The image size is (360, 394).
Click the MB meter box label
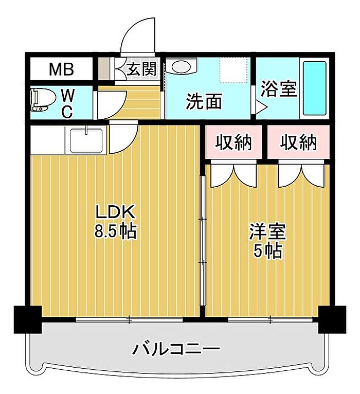pos(62,69)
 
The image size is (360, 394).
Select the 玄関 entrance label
pos(141,68)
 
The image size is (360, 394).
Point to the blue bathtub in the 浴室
pos(315,88)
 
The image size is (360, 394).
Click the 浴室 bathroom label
pos(279,88)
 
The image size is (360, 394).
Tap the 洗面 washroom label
pos(204,101)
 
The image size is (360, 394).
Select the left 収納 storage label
pos(233,142)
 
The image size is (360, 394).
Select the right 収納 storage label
pos(298,142)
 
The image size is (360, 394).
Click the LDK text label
pos(116,212)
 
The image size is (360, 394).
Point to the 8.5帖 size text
pos(115,230)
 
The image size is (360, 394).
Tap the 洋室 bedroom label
pos(267,231)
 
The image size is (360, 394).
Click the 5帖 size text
pos(267,250)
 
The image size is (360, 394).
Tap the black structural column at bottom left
pos(28,319)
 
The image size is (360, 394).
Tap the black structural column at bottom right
pos(332,319)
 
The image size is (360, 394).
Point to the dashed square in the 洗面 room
pos(235,70)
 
